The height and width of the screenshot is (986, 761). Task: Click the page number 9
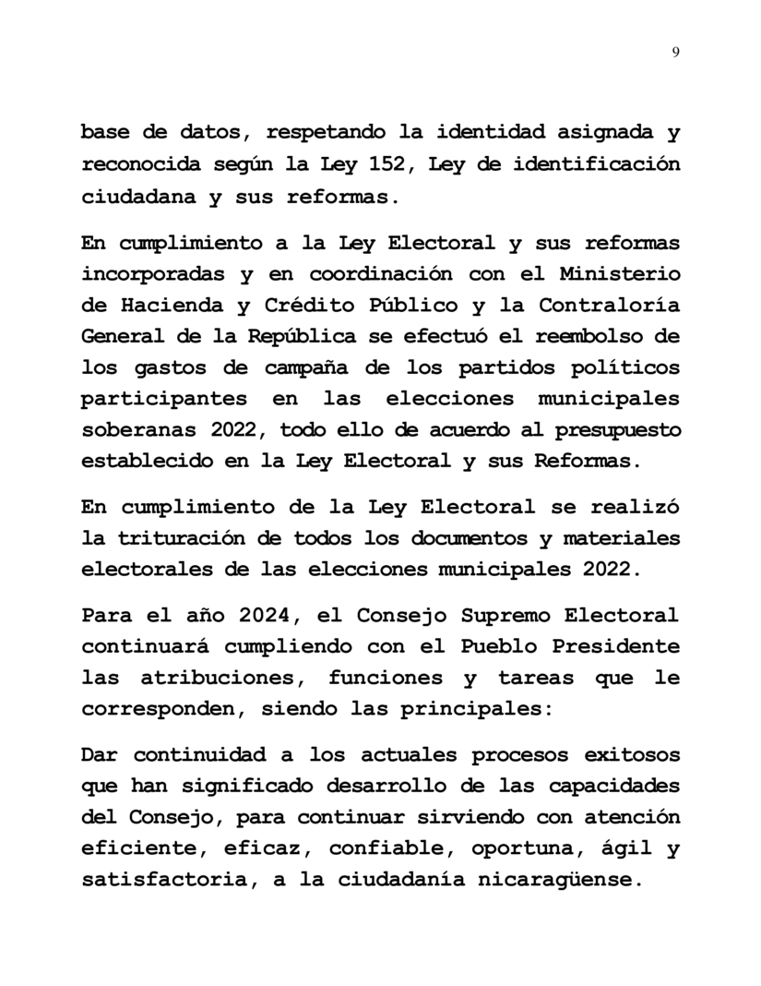click(x=676, y=52)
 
